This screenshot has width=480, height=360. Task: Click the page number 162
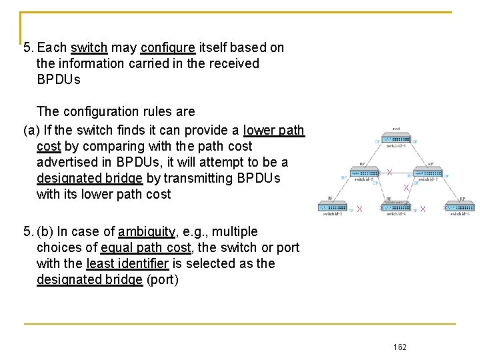(400, 347)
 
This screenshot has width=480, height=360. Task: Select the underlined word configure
(168, 48)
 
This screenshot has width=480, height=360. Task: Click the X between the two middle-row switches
(389, 173)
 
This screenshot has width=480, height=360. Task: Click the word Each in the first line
(52, 48)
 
